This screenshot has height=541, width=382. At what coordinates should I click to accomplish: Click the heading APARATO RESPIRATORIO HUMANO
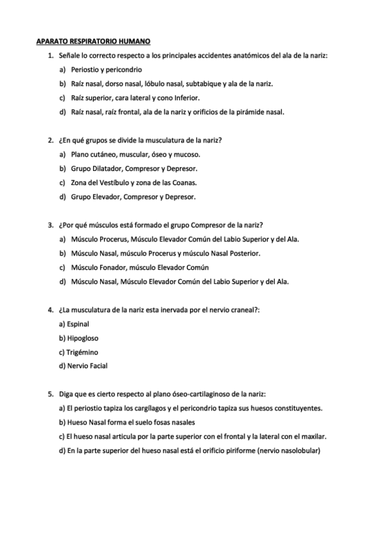(93, 42)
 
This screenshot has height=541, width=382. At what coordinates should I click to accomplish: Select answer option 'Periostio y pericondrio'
(106, 70)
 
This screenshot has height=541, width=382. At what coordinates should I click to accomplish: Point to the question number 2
(50, 140)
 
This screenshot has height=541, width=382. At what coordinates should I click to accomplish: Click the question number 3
(50, 225)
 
